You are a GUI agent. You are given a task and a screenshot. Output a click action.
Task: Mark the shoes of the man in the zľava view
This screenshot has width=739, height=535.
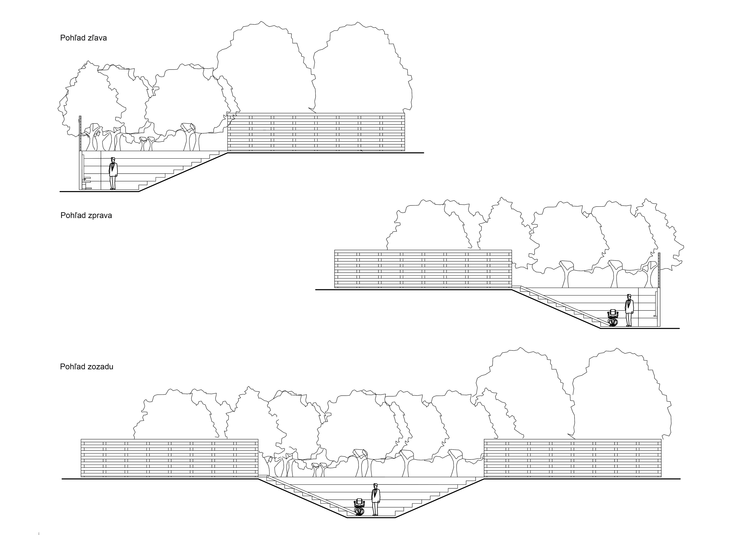pyautogui.click(x=112, y=188)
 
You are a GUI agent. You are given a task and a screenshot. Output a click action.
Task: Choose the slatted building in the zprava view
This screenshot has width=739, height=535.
pyautogui.click(x=423, y=269)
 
